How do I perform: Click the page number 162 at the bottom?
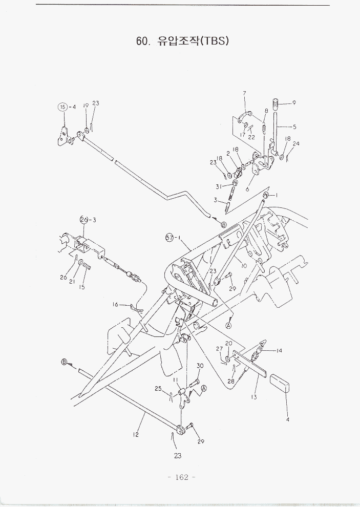tap(182, 477)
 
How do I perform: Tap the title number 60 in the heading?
tap(142, 41)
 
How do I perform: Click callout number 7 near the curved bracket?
tap(244, 93)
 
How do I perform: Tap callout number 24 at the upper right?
tap(297, 144)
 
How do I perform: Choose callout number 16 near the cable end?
tap(116, 305)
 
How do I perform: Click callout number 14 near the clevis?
tap(279, 351)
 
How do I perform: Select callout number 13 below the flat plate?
tap(254, 397)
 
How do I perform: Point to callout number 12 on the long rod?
tap(136, 435)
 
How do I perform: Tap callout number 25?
tap(159, 389)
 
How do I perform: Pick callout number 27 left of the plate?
tap(219, 349)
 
